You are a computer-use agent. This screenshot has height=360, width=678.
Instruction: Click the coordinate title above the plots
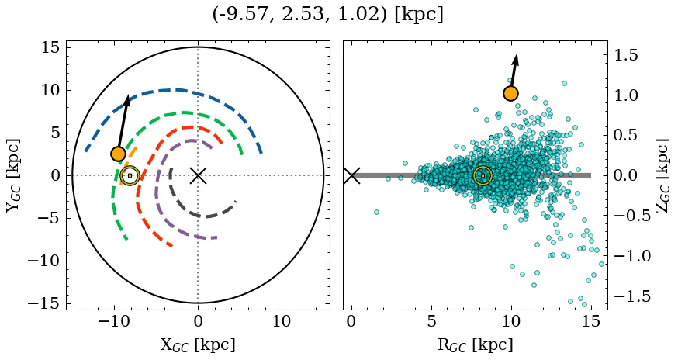click(x=327, y=15)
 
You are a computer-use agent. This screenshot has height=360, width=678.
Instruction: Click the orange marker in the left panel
click(x=118, y=154)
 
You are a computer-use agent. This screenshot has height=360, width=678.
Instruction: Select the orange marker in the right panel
click(x=510, y=94)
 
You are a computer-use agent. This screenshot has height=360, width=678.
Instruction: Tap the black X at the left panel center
click(x=198, y=175)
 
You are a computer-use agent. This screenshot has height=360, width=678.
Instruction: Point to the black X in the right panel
click(x=351, y=175)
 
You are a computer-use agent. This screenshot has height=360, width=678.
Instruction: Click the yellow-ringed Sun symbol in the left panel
click(x=130, y=175)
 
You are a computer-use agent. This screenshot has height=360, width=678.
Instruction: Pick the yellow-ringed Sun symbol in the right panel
click(x=483, y=175)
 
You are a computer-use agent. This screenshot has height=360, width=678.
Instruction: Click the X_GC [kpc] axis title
click(x=198, y=344)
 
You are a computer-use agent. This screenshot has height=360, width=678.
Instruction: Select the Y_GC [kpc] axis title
click(x=12, y=175)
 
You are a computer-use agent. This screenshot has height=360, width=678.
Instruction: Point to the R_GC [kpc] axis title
click(x=475, y=344)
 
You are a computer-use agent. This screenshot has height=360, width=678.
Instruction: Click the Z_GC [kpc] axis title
click(x=662, y=175)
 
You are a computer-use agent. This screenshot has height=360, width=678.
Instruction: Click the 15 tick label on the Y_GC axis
click(x=50, y=47)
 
